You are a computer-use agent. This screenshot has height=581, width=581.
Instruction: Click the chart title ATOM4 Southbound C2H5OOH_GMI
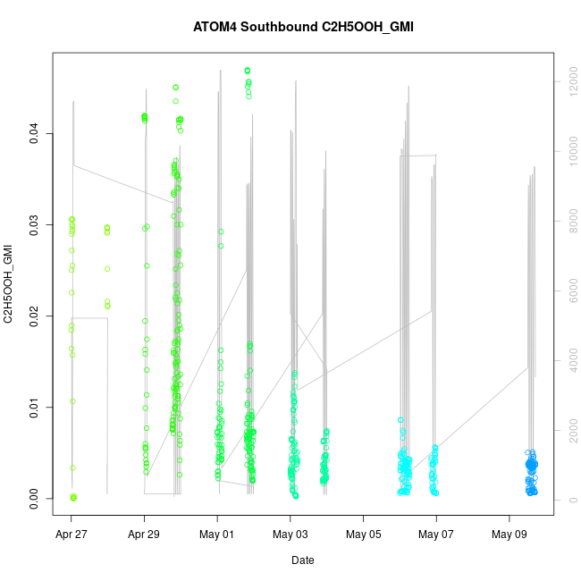(x=303, y=27)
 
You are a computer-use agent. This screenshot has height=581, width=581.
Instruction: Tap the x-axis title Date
(x=302, y=560)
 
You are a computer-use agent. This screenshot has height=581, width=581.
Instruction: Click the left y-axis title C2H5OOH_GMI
(x=9, y=284)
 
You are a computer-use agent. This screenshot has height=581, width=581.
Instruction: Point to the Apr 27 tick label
(x=72, y=536)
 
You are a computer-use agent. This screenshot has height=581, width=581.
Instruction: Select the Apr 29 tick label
(x=144, y=536)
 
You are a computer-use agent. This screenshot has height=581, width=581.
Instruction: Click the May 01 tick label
(x=217, y=536)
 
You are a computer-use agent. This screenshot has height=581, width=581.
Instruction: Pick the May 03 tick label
(x=290, y=536)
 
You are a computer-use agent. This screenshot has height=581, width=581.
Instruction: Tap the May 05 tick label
(x=363, y=536)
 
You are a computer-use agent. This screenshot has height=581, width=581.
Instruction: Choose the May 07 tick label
(x=436, y=536)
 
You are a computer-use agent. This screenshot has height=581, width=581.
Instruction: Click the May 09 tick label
(x=509, y=536)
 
